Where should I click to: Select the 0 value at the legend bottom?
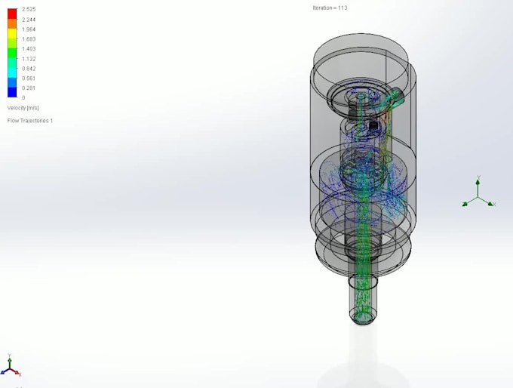click(x=23, y=97)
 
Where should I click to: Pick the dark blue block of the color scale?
click(x=12, y=92)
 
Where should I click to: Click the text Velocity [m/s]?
click(x=23, y=108)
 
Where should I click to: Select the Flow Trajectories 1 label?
click(x=30, y=121)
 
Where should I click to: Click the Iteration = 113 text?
click(x=330, y=8)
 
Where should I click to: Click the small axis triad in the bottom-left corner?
click(x=11, y=365)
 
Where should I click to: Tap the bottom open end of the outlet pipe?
click(x=364, y=316)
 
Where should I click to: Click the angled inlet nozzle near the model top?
click(x=395, y=96)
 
